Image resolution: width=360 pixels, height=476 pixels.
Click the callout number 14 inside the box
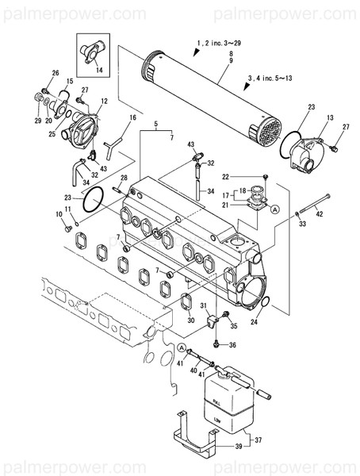[x=98, y=70]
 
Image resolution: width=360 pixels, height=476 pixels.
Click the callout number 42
[x=320, y=212]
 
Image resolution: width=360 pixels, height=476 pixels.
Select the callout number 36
[x=232, y=344]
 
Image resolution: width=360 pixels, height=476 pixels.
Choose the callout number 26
[x=56, y=73]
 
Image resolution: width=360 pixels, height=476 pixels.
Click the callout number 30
[x=190, y=321]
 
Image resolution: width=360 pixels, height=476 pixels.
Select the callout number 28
[x=123, y=178]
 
